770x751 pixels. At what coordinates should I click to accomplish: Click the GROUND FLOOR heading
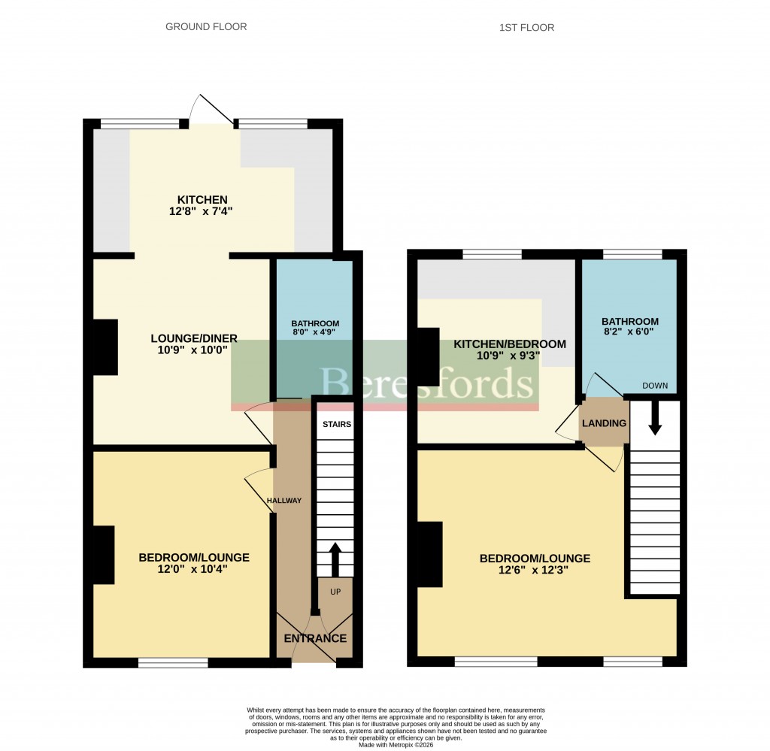coord(206,27)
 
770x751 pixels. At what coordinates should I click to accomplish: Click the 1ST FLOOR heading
coord(526,28)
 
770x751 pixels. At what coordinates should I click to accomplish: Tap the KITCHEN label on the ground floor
coord(198,199)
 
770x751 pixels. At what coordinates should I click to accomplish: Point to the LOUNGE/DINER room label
coord(193,338)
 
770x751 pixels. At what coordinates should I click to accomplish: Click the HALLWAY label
coord(283,501)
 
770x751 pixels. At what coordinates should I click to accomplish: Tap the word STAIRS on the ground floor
coord(336,425)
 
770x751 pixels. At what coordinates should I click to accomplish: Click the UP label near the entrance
coord(335,592)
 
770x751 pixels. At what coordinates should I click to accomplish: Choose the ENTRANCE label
coord(315,639)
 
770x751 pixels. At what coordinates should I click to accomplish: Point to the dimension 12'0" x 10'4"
coord(193,570)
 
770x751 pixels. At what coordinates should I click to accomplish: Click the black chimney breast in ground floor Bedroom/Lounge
coord(103,555)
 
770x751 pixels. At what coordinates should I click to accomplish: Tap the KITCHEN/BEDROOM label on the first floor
coord(509,344)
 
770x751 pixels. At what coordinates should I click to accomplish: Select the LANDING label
coord(603,423)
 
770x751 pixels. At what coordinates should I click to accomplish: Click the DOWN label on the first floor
coord(655,386)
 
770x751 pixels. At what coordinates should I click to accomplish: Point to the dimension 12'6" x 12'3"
coord(535,571)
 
